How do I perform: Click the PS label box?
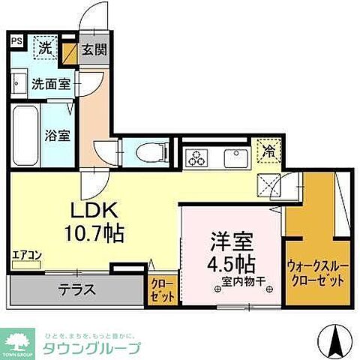click(x=16, y=42)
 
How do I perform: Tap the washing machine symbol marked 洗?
click(x=46, y=46)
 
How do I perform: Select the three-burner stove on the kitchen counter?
click(x=199, y=157)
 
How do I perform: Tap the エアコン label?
click(x=26, y=256)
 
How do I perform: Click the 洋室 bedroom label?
click(x=230, y=242)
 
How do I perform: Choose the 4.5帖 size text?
click(x=230, y=263)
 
